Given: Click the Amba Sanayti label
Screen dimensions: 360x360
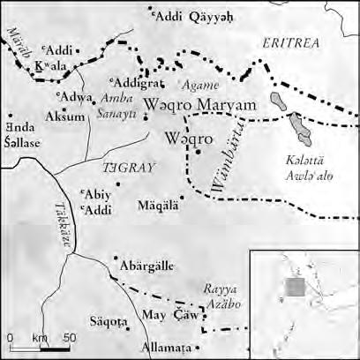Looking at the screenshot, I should tap(120, 101).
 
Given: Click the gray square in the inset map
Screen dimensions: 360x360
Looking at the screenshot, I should tap(296, 288).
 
